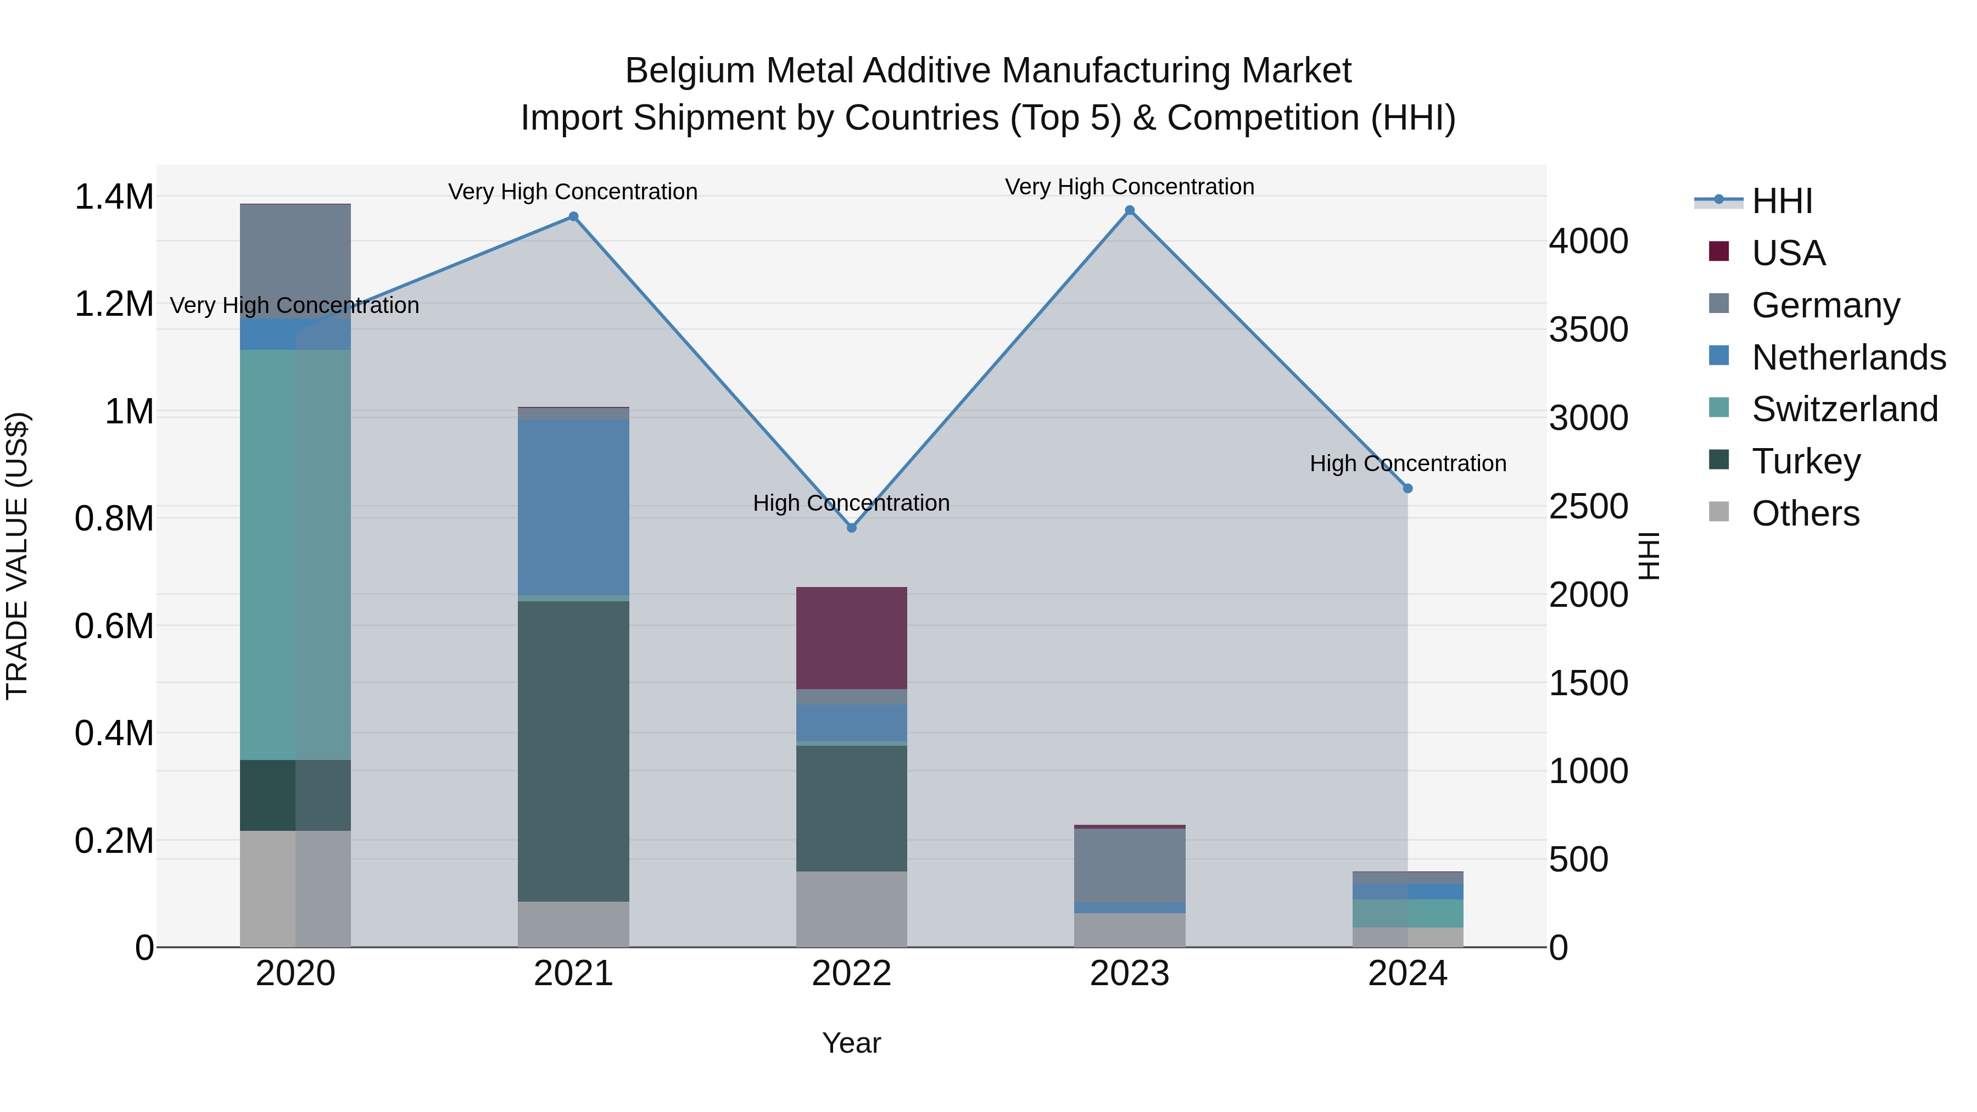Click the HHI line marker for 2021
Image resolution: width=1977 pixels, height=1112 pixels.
click(573, 216)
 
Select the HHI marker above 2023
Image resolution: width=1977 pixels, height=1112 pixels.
click(1129, 210)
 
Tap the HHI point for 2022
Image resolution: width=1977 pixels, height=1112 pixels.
click(851, 528)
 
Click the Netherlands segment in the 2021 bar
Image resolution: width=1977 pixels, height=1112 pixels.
click(573, 506)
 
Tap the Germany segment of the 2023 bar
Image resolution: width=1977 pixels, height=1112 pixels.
click(1129, 865)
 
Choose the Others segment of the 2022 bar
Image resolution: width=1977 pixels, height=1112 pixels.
click(851, 909)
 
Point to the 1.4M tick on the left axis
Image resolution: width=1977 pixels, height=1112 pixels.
click(114, 197)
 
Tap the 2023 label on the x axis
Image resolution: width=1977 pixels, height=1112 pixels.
click(1129, 974)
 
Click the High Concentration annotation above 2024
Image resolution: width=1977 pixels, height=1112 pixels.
click(1408, 463)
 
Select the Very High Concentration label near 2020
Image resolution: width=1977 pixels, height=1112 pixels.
click(295, 305)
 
